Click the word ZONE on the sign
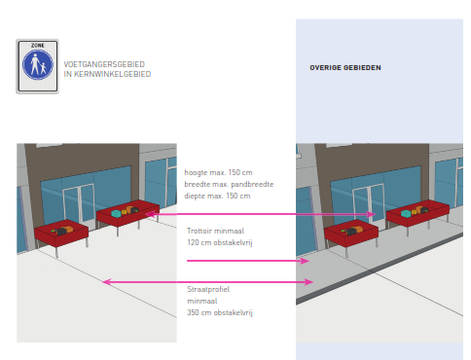pos(38,46)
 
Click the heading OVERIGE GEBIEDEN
pos(345,68)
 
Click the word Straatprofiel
pos(208,289)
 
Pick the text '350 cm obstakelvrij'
pos(220,312)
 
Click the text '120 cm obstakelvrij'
pos(220,241)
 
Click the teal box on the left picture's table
pos(118,211)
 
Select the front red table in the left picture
pos(61,234)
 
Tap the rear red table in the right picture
pos(417,213)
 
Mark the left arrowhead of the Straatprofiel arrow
pos(105,282)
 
